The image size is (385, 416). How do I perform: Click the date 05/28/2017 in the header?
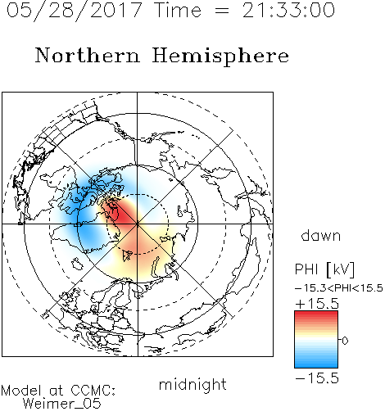74,10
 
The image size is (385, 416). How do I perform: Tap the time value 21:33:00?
288,10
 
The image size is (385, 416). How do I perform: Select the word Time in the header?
178,10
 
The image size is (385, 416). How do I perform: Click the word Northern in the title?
88,55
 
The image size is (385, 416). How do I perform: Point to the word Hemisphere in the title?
220,57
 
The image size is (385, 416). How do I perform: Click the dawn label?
320,235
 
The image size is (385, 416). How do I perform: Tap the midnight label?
192,384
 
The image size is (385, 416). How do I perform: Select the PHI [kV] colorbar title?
324,269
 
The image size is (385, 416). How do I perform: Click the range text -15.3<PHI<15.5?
339,288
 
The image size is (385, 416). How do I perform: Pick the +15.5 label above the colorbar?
317,303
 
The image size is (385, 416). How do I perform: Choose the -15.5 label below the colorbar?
317,378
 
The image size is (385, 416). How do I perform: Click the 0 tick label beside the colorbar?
345,340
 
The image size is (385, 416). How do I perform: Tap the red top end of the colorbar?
316,314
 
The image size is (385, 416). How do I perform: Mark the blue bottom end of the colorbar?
316,364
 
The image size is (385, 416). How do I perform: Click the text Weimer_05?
61,404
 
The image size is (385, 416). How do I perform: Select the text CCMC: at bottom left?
93,390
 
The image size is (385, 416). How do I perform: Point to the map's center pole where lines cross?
138,224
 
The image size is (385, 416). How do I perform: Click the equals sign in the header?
222,11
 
